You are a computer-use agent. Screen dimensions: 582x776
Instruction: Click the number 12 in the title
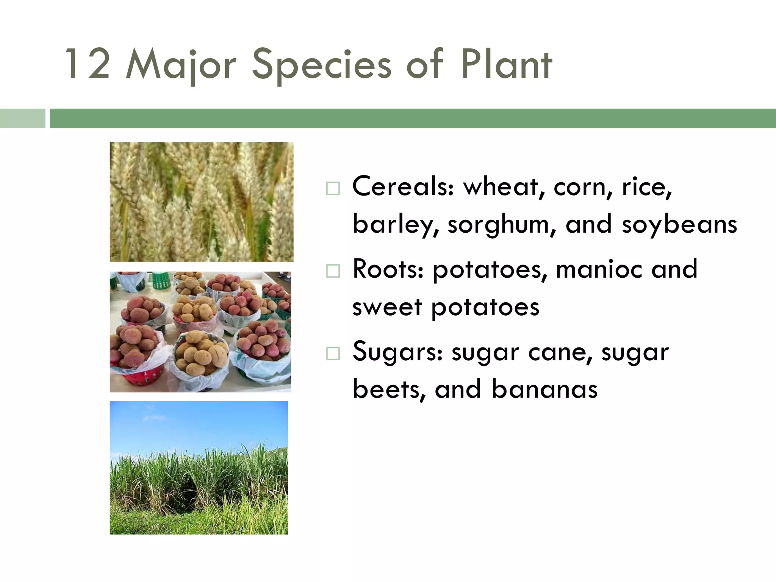[88, 64]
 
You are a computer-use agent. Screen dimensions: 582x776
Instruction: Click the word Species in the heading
[321, 65]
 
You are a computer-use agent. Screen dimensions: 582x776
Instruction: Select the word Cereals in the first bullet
[402, 187]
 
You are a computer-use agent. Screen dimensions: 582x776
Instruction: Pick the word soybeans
[679, 224]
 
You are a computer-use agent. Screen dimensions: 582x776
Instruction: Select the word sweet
[387, 307]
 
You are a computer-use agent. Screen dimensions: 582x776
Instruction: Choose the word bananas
[544, 390]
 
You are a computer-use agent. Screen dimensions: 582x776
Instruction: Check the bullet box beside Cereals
[333, 188]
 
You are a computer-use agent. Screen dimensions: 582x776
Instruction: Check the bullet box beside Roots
[333, 271]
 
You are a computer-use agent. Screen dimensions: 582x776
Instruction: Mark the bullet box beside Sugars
[333, 354]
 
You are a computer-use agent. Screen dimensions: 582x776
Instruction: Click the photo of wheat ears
[201, 202]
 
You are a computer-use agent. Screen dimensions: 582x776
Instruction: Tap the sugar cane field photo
[199, 467]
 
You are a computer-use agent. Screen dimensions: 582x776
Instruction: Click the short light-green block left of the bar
[22, 118]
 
